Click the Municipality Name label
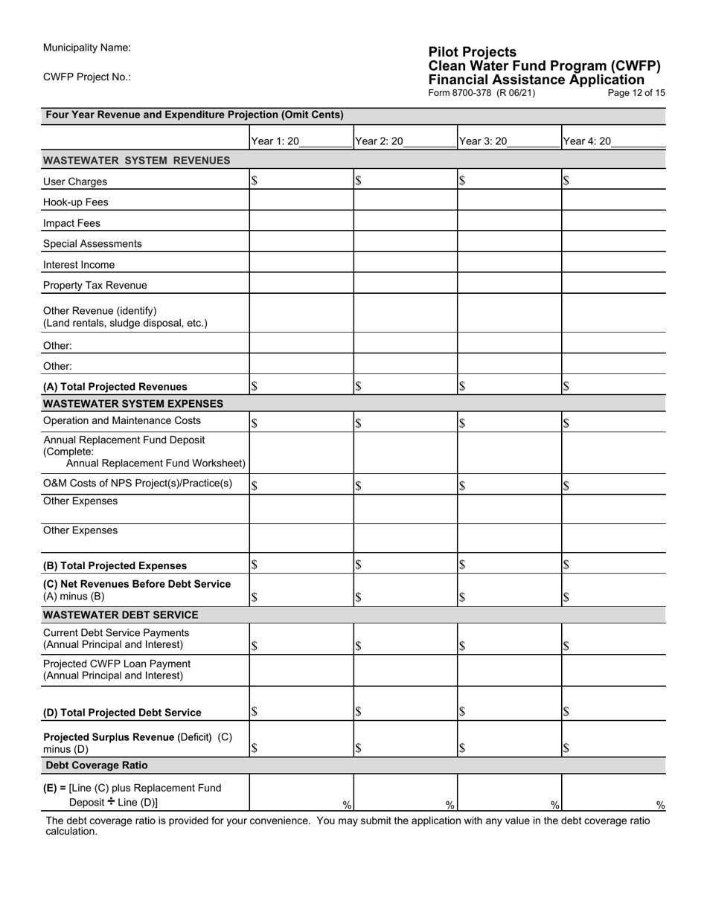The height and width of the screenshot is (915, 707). [87, 48]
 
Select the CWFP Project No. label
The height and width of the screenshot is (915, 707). [87, 77]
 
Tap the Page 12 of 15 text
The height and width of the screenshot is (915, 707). [636, 93]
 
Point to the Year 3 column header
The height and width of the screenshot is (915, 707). [508, 141]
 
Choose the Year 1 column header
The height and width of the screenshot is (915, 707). [301, 141]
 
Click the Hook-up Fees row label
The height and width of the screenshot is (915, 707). [76, 202]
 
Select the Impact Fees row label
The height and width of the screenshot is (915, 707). [71, 223]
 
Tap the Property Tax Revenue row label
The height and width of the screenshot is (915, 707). [95, 286]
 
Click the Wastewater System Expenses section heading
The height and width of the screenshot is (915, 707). [133, 404]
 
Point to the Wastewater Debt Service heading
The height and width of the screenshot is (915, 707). [121, 615]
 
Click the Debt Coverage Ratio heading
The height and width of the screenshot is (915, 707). [97, 765]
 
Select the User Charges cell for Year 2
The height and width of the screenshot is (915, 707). [405, 181]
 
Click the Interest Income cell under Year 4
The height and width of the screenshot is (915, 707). [613, 264]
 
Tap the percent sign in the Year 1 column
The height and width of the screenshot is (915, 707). [347, 804]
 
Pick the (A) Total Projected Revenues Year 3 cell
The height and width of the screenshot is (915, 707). [509, 386]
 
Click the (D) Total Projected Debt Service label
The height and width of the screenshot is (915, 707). [122, 713]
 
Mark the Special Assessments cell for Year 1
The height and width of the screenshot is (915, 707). [301, 243]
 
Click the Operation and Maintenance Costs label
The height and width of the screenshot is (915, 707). [122, 421]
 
